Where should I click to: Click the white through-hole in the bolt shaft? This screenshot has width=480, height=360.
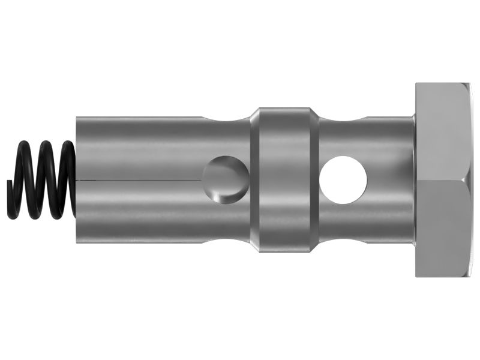343,178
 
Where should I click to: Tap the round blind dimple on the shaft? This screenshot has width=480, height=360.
225,178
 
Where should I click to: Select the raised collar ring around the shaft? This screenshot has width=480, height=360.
284,178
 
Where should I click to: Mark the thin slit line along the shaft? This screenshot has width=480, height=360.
138,179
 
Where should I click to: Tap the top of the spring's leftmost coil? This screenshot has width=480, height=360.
24,145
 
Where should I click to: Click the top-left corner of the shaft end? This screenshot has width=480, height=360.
77,118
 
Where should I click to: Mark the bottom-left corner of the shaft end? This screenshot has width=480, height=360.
77,243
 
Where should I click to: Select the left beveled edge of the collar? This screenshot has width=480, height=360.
254,178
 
